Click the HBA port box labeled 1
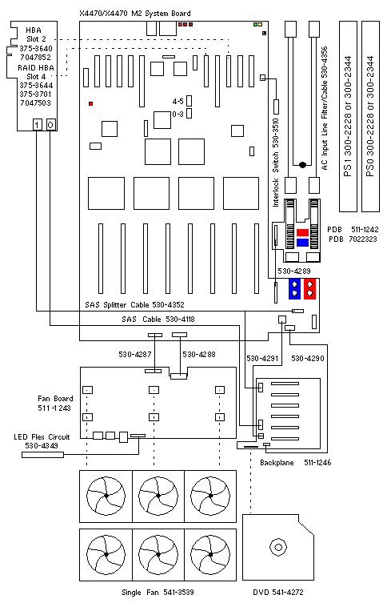37,125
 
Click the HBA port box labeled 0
51,125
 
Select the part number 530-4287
135,354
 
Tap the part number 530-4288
199,354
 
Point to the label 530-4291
262,359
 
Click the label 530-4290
308,359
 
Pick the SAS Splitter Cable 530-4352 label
134,305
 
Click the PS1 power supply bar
348,117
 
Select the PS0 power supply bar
370,117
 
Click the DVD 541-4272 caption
278,593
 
